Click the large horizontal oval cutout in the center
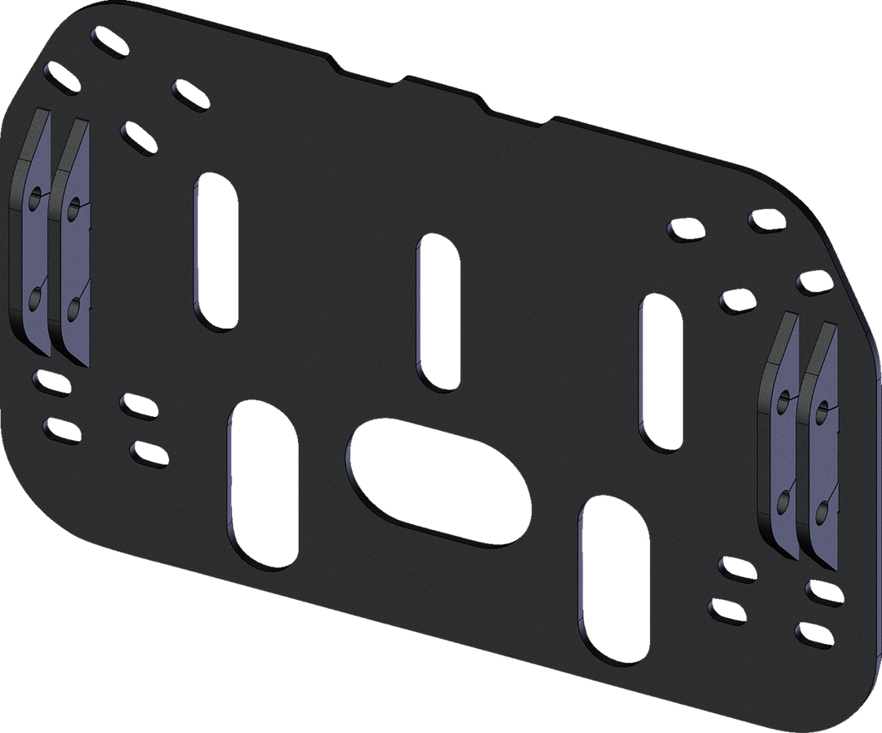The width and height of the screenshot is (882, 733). tap(437, 483)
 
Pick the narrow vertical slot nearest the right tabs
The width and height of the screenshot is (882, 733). tap(660, 374)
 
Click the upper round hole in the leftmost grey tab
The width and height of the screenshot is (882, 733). tap(34, 200)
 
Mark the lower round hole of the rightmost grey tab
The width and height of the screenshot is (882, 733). tap(821, 509)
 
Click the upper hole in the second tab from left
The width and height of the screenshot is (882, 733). tap(74, 205)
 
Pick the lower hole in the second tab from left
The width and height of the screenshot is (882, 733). tap(74, 309)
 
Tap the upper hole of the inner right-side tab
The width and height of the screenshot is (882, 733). tap(782, 402)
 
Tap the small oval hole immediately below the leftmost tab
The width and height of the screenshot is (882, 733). tap(50, 382)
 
